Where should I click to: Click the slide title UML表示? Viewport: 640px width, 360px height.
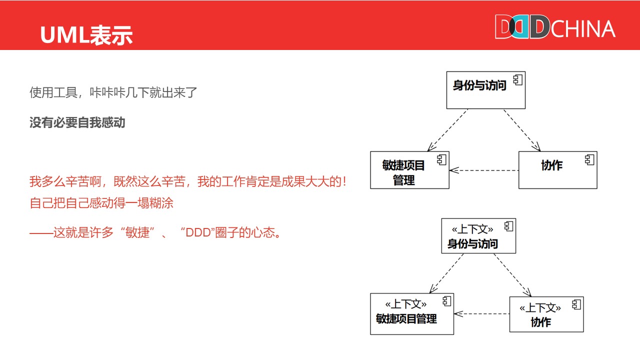coord(86,35)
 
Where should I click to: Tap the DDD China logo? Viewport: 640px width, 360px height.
coord(555,27)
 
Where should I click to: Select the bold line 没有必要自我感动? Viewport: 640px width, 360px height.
coord(77,122)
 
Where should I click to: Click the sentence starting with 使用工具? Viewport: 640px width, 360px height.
coord(113,92)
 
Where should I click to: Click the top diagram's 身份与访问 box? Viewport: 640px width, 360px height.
coord(485,90)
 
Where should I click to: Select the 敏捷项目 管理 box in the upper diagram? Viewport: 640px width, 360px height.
coord(409,170)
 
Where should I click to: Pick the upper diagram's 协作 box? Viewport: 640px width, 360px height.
coord(557,170)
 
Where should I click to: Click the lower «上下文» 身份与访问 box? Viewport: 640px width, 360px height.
coord(478,236)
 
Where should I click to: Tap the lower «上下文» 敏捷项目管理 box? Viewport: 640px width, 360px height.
coord(411,314)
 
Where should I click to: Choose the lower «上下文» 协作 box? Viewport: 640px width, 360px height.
coord(546,314)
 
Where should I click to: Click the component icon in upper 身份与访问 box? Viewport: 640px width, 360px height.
coord(517,79)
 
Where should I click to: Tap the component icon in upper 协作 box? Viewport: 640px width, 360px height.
coord(589,159)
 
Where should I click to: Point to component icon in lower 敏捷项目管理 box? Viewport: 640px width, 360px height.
coord(446,301)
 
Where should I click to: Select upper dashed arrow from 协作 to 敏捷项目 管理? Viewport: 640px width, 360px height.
coord(484,170)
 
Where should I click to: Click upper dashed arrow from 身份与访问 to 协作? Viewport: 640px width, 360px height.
coord(522,129)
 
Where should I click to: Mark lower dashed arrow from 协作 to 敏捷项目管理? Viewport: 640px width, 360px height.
coord(481,314)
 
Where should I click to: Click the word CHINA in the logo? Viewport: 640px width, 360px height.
coord(583,29)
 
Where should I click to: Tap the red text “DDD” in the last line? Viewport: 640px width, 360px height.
coord(197,232)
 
